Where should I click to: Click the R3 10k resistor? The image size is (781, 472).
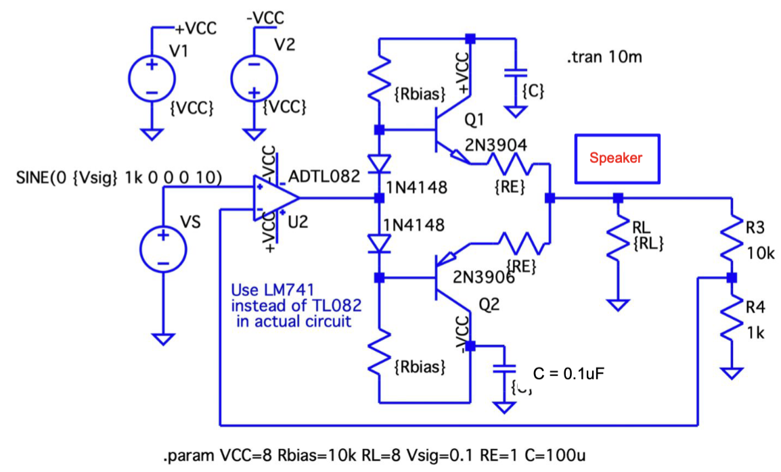click(731, 237)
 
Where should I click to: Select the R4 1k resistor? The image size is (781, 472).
click(731, 323)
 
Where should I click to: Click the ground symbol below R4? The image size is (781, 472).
click(731, 373)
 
